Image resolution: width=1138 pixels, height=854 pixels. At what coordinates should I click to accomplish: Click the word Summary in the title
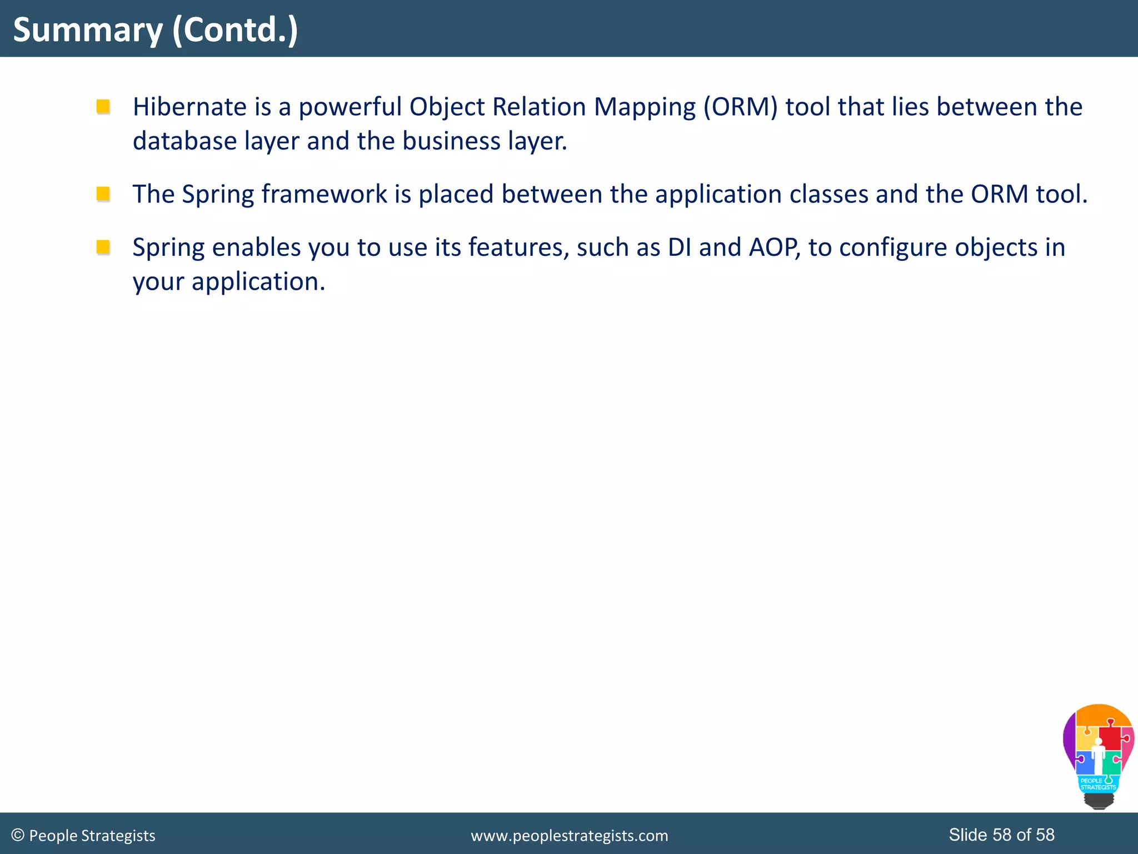[88, 30]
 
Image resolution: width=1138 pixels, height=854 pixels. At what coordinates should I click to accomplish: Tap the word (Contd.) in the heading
[235, 30]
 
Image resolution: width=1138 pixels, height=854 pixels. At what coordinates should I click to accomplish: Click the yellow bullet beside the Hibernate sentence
[103, 106]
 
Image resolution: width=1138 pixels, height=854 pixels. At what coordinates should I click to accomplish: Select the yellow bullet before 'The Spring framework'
[103, 193]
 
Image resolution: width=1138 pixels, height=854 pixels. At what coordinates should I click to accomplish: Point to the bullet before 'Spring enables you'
[103, 246]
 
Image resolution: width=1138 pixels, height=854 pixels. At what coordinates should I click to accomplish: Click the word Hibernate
[189, 107]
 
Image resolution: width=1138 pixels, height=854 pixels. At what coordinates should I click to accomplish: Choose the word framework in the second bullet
[325, 194]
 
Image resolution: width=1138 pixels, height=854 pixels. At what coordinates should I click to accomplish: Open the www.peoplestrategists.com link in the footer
[569, 836]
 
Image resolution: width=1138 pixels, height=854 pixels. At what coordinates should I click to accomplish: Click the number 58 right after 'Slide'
[1002, 835]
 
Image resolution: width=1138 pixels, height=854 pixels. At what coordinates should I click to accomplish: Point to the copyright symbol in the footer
[18, 835]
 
